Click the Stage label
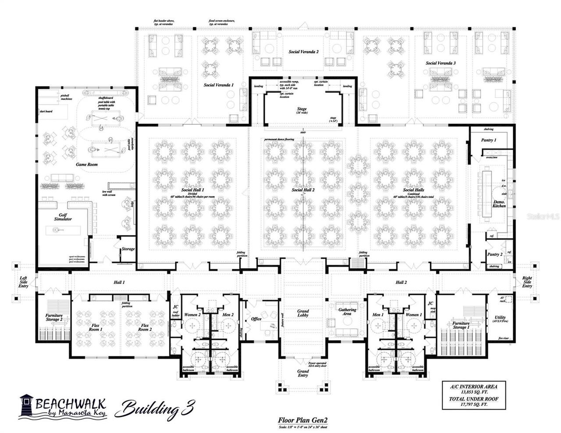[302, 109]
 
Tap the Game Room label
[87, 165]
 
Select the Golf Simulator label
[63, 217]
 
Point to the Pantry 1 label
[489, 140]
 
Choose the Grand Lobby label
[303, 313]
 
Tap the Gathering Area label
[347, 312]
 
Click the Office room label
[256, 319]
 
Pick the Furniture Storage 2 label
[54, 317]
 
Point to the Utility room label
[500, 320]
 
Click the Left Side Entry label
[23, 282]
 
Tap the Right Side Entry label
[527, 282]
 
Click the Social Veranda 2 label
[303, 52]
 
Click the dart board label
[46, 112]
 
